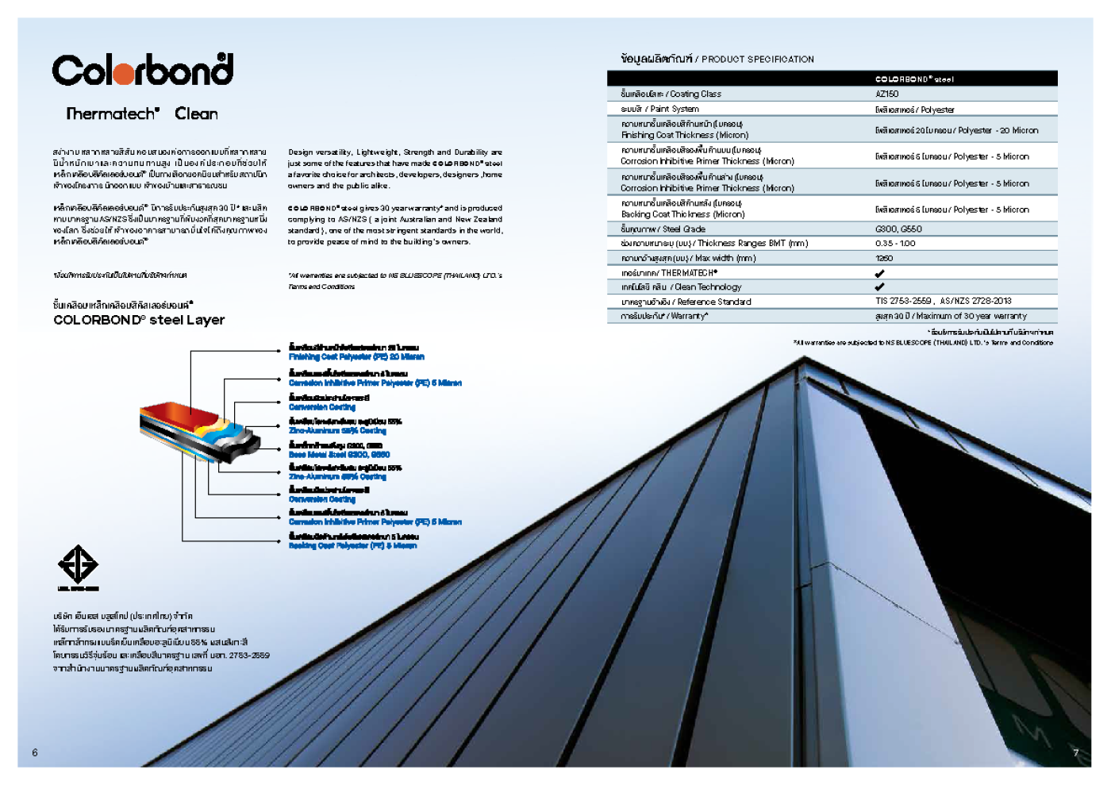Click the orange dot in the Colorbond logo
pos(123,74)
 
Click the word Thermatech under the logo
pos(112,114)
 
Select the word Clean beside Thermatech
pos(196,114)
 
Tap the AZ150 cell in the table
pos(886,94)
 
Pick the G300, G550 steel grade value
pos(898,229)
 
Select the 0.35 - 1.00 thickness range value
pos(895,244)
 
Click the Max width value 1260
pos(884,258)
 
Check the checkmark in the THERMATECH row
pos(879,273)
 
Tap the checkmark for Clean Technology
pos(879,287)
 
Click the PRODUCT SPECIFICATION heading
pos(757,59)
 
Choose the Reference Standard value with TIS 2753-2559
pos(943,301)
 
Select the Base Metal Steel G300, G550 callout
pos(339,455)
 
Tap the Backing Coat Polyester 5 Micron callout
pos(352,546)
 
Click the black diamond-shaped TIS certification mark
pos(78,564)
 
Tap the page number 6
pos(35,752)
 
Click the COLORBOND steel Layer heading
pos(139,320)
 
